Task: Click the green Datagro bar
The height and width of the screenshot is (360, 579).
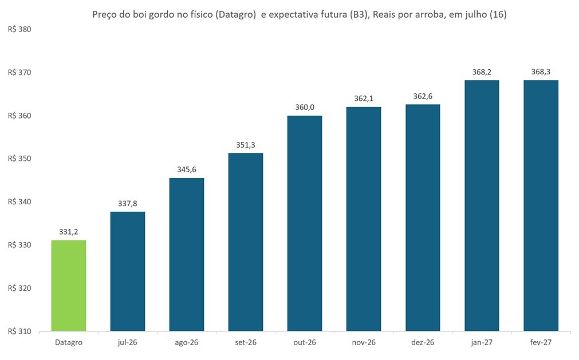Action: (69, 286)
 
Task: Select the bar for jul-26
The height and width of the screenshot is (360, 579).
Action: (128, 271)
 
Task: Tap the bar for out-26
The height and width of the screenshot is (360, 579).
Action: (305, 224)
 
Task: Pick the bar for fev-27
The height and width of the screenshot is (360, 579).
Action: (541, 205)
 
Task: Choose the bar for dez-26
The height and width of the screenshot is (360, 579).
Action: (423, 217)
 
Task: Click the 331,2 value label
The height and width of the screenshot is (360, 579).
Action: (69, 232)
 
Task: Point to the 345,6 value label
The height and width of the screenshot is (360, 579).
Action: (187, 169)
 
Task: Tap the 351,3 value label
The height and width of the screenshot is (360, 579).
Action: (246, 145)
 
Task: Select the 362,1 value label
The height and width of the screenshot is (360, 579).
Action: (364, 98)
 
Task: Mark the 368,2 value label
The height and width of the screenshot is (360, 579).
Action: (482, 72)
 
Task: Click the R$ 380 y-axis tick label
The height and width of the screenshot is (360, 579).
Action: (19, 30)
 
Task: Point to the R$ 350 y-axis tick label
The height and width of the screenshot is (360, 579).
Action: (19, 159)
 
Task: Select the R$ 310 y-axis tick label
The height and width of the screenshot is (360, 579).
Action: (19, 331)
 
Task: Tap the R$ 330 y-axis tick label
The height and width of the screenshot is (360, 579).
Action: (19, 245)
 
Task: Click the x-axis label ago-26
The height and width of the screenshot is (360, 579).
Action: (187, 343)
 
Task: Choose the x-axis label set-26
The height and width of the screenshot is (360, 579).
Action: (246, 343)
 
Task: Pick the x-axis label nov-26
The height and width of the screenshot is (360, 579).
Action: (364, 343)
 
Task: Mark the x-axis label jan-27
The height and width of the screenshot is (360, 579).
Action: (482, 343)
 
